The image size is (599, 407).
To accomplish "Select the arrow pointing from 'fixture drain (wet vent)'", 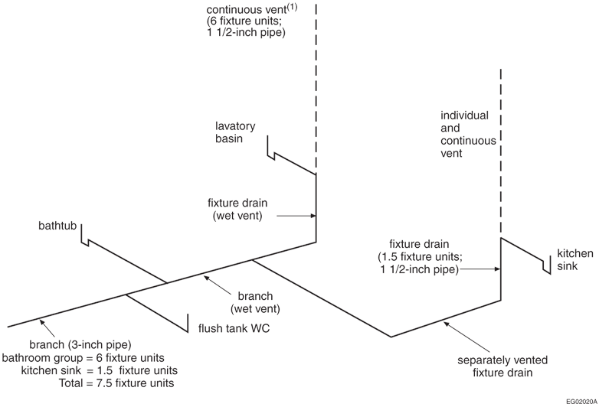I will pyautogui.click(x=295, y=217).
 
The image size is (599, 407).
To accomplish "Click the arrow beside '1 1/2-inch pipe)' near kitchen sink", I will pyautogui.click(x=480, y=269).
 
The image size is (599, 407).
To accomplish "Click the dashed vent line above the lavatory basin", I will pyautogui.click(x=316, y=84).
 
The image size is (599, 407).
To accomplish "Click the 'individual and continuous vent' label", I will pyautogui.click(x=461, y=134).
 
